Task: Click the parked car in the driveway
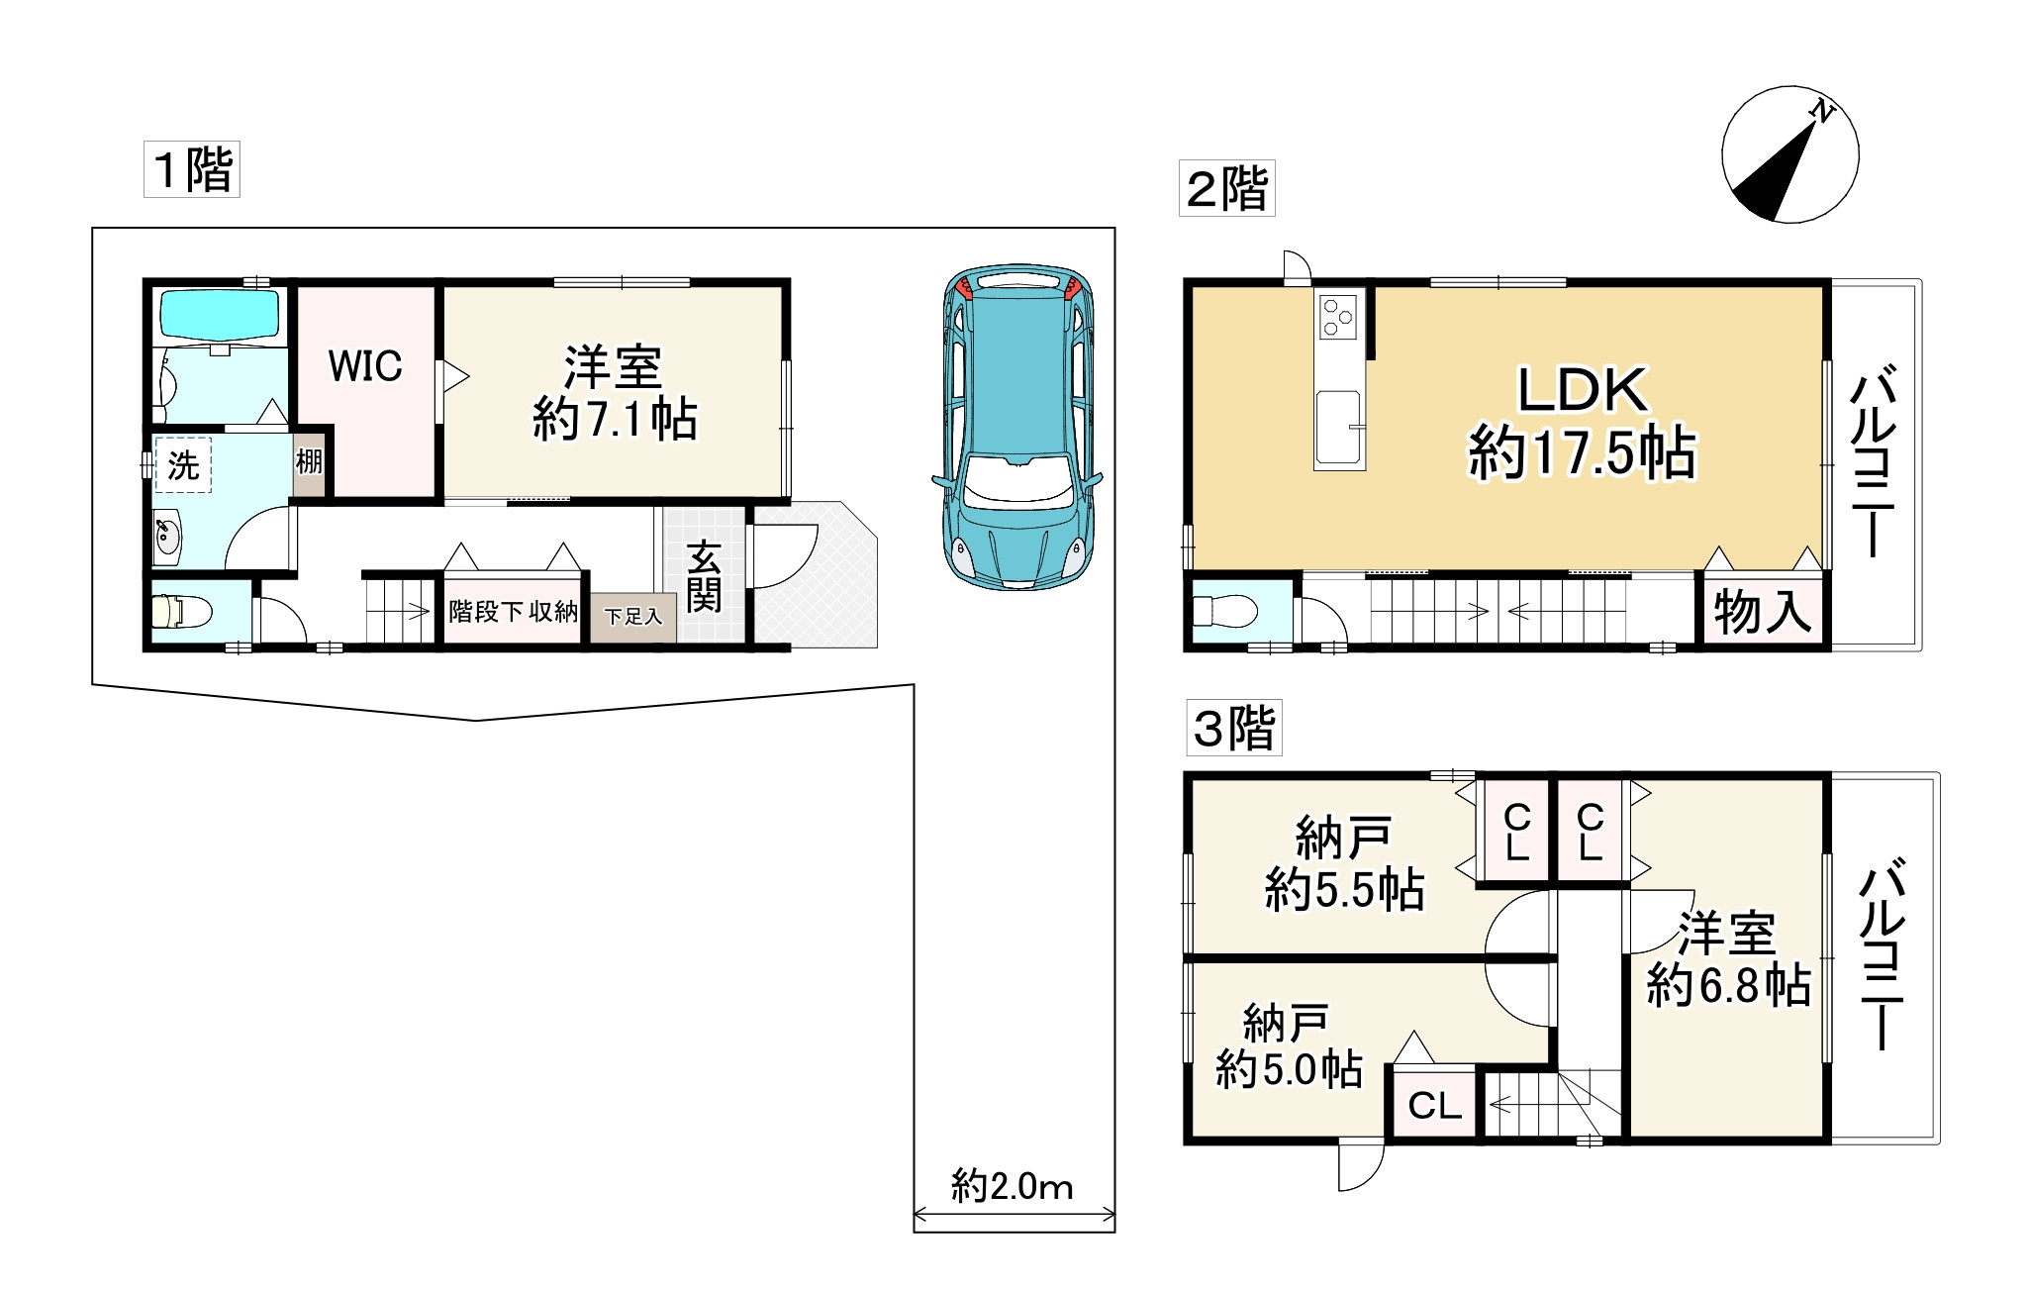tap(1017, 428)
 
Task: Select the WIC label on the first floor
tap(365, 366)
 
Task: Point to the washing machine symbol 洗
tap(183, 465)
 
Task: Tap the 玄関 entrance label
tap(704, 576)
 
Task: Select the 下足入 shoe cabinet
tap(633, 617)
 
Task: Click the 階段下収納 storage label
tap(513, 612)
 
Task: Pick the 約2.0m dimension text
tap(1012, 1185)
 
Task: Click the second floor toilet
tap(1219, 612)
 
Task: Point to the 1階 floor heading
tap(192, 169)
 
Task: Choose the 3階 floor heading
tap(1234, 729)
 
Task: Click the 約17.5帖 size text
tap(1581, 453)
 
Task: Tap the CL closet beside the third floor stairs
tap(1434, 1104)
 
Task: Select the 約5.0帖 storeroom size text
tap(1289, 1069)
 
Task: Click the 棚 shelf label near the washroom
tap(309, 462)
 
